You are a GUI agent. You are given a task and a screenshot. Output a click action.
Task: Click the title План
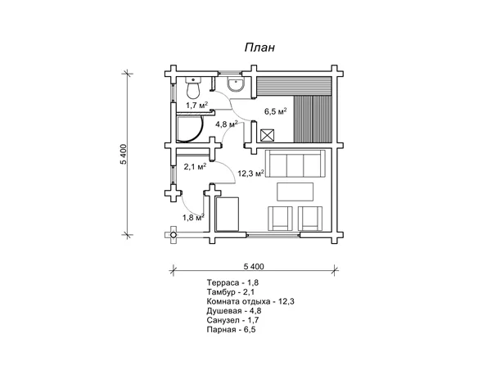pyautogui.click(x=259, y=47)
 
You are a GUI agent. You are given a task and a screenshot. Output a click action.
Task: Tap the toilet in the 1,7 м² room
pyautogui.click(x=193, y=88)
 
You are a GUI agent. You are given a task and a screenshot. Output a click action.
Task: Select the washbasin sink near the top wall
pyautogui.click(x=236, y=83)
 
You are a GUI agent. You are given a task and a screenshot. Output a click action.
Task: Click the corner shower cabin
pyautogui.click(x=189, y=129)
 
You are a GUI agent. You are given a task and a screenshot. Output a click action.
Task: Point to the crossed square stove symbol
pyautogui.click(x=268, y=135)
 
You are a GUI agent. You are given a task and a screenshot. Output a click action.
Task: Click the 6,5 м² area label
pyautogui.click(x=275, y=111)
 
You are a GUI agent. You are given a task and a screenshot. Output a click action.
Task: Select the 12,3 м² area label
pyautogui.click(x=250, y=174)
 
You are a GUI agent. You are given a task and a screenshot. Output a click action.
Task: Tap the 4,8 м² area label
pyautogui.click(x=227, y=124)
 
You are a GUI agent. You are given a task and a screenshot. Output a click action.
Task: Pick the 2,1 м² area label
pyautogui.click(x=195, y=166)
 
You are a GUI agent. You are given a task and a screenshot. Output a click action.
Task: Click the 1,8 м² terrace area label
pyautogui.click(x=193, y=217)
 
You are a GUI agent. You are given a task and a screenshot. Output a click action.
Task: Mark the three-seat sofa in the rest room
pyautogui.click(x=295, y=164)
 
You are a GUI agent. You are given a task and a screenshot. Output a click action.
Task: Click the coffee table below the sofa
pyautogui.click(x=295, y=192)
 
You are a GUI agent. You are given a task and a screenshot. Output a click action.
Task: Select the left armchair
pyautogui.click(x=280, y=219)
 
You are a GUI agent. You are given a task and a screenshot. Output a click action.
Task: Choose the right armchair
pyautogui.click(x=310, y=219)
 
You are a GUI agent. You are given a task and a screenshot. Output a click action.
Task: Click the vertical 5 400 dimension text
pyautogui.click(x=123, y=154)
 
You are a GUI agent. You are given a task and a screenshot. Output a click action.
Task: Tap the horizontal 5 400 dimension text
pyautogui.click(x=254, y=267)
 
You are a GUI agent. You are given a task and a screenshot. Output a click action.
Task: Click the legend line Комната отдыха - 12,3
pyautogui.click(x=250, y=302)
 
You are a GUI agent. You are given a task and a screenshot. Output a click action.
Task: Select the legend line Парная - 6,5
pyautogui.click(x=231, y=330)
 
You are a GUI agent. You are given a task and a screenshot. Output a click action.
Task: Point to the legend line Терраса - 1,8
pyautogui.click(x=232, y=283)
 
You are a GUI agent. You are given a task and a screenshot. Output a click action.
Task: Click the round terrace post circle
pyautogui.click(x=174, y=235)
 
